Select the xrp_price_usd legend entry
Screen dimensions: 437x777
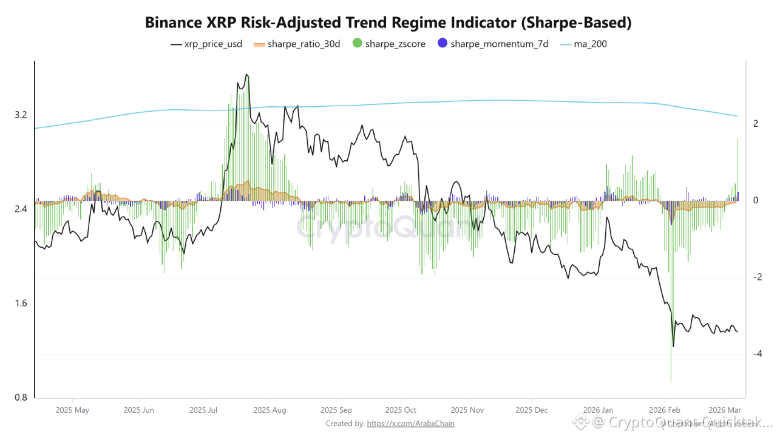(x=206, y=44)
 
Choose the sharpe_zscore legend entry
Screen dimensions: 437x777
(x=388, y=44)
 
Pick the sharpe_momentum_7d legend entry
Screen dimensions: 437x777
(x=493, y=44)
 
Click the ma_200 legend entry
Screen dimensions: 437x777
(x=583, y=44)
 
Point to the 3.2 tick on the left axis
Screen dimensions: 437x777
(x=21, y=115)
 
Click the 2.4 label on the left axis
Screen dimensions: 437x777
(x=21, y=209)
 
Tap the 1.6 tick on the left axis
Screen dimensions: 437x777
(x=21, y=303)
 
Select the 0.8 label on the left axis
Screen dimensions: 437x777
(x=21, y=398)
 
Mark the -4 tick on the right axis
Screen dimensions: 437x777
(x=755, y=354)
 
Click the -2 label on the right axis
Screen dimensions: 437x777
(x=755, y=277)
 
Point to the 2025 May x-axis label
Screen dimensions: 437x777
(x=72, y=410)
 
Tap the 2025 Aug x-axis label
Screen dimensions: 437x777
(x=270, y=410)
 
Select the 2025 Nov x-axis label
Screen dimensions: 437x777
(x=467, y=410)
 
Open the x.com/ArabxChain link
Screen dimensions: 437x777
(x=410, y=424)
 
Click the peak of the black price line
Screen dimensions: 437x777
(x=246, y=75)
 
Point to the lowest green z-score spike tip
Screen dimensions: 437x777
(x=671, y=382)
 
